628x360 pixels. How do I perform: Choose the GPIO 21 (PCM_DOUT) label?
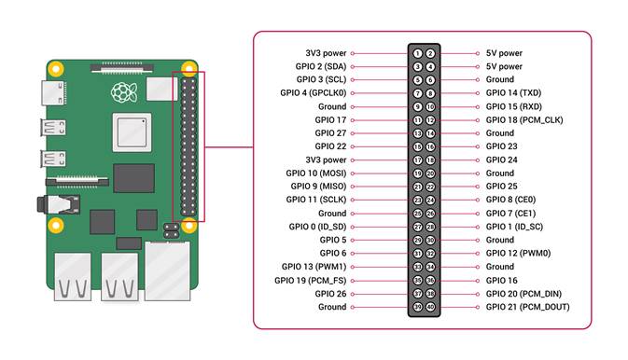[527, 307]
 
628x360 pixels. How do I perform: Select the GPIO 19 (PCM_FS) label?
[310, 280]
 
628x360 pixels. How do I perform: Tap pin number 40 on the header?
[430, 307]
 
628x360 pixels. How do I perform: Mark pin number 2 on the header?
[430, 54]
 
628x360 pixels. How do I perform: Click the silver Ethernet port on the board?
[168, 265]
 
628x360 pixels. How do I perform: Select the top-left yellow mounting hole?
[56, 69]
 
